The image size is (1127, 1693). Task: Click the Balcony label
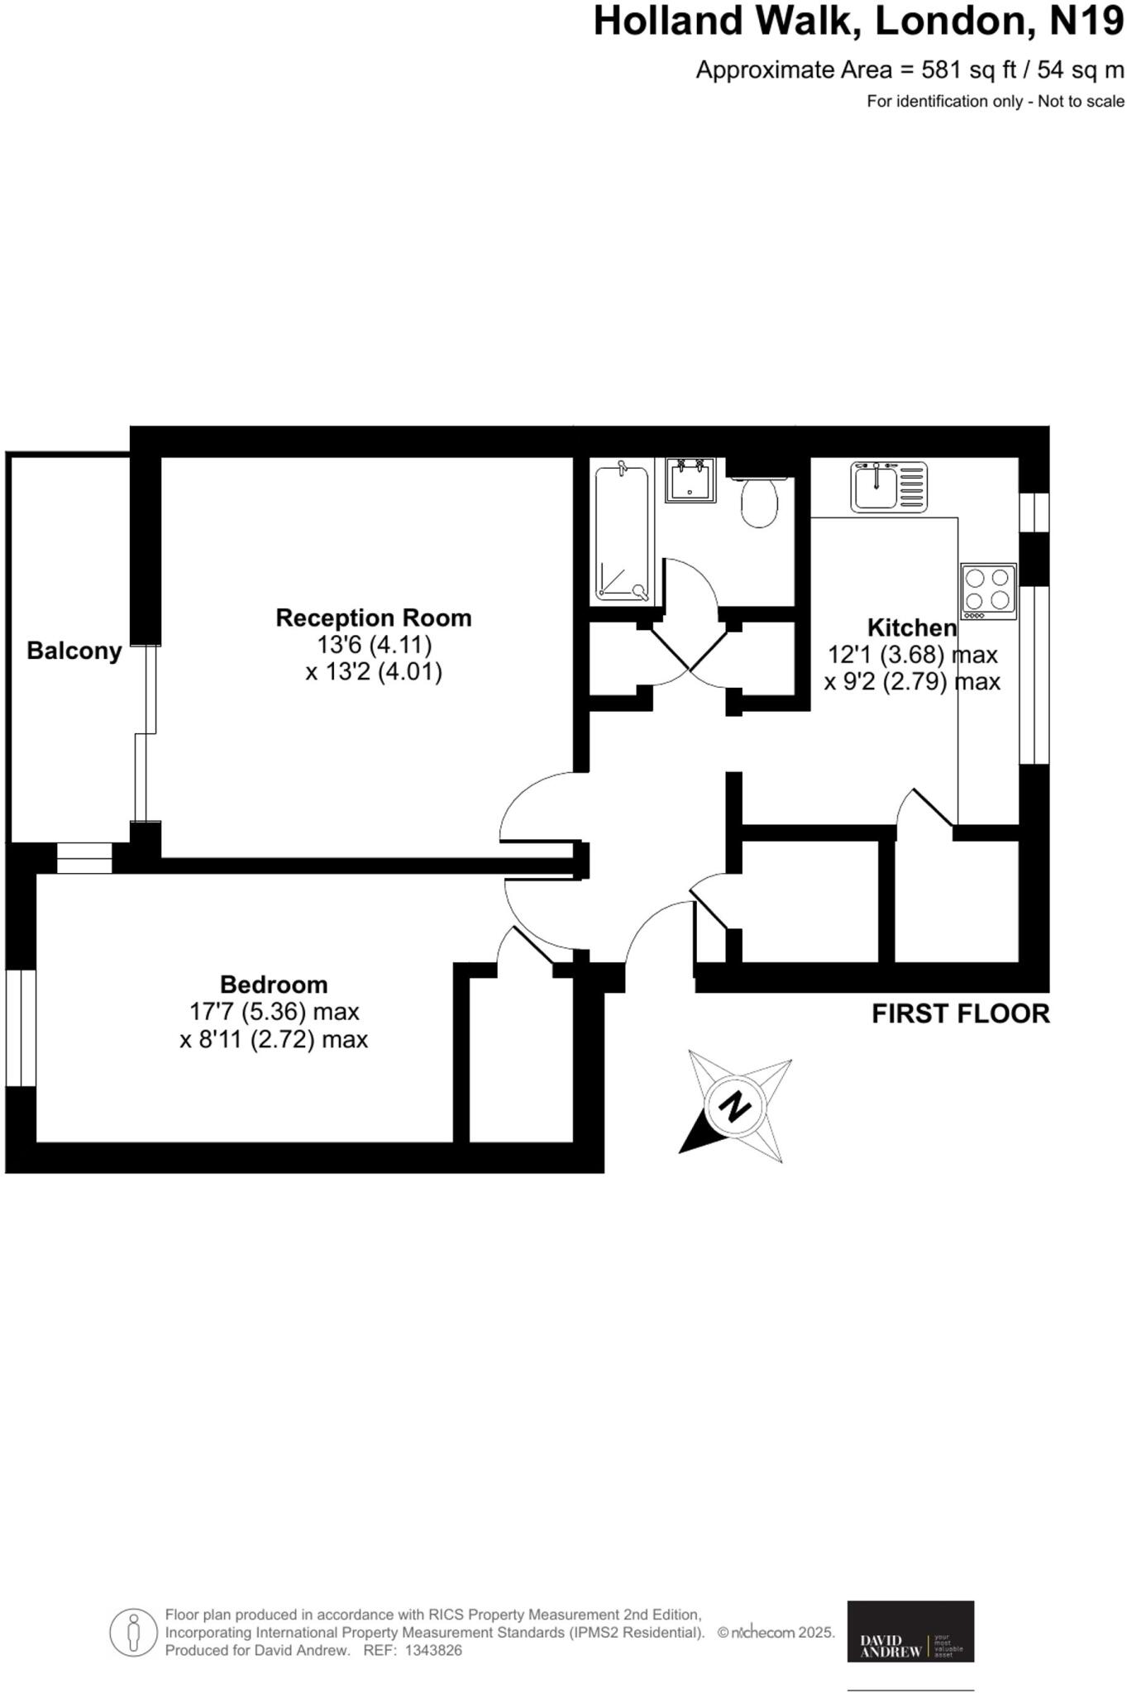[74, 651]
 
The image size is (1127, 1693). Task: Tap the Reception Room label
[374, 618]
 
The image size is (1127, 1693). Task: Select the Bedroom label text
[274, 984]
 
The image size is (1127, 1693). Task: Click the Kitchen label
[912, 627]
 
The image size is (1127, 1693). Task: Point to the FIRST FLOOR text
[960, 1013]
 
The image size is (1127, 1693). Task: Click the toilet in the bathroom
[758, 503]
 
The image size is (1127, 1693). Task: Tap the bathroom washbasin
[690, 480]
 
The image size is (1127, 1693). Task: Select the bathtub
[623, 532]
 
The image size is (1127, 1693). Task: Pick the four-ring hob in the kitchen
[988, 590]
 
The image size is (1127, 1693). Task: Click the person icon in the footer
[133, 1632]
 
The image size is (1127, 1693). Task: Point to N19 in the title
[1086, 21]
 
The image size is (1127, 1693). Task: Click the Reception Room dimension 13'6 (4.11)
[375, 644]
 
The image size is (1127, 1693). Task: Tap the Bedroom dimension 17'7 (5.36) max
[274, 1011]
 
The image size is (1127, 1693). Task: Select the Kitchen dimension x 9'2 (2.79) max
[912, 681]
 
